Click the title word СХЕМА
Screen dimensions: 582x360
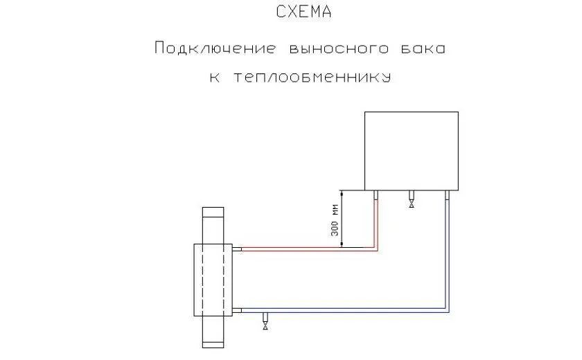[303, 12]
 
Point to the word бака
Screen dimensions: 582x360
[421, 48]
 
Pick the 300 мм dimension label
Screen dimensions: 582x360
[335, 219]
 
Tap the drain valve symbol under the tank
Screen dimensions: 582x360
[412, 204]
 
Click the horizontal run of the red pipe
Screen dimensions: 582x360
[305, 249]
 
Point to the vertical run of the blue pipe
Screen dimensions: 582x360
[448, 256]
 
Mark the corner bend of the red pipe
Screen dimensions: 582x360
[376, 248]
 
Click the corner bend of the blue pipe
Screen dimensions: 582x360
[448, 310]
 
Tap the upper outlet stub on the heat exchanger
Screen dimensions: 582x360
[238, 249]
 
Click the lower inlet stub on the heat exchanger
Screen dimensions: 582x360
[238, 311]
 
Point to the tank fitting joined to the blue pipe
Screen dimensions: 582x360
[448, 195]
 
